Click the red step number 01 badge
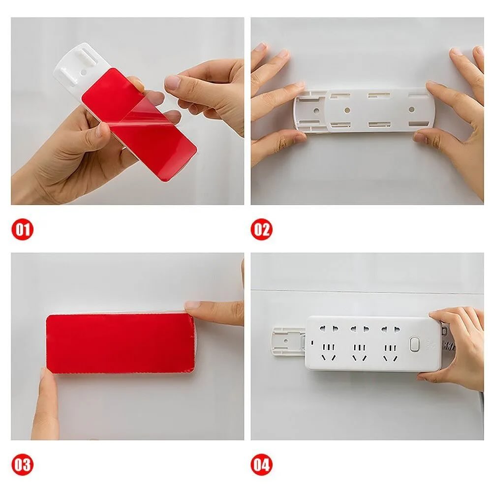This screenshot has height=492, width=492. point(22,229)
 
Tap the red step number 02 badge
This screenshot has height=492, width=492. point(262,229)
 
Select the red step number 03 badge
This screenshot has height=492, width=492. point(22,465)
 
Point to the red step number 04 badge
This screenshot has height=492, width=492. point(262,465)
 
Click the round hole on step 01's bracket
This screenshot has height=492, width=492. point(84,72)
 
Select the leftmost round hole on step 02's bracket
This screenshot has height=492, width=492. point(316,111)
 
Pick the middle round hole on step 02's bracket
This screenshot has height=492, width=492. point(347,110)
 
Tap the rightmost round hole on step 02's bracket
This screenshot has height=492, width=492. point(412,110)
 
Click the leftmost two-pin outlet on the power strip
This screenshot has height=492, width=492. point(329,329)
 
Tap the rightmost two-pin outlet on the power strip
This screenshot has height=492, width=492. point(390,329)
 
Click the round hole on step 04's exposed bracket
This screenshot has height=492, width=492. point(286,341)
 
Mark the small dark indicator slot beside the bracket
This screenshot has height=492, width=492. point(312,342)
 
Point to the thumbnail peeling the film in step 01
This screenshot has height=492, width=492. point(172,83)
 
